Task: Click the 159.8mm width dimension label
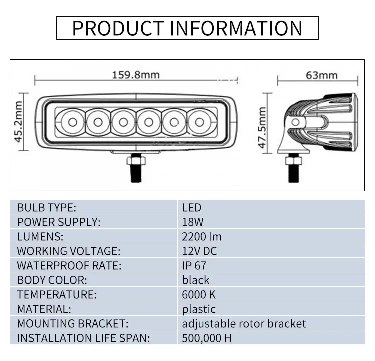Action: point(135,75)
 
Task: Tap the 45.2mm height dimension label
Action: point(19,122)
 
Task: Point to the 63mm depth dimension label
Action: point(321,75)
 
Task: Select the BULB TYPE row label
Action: point(46,207)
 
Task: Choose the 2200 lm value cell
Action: point(202,236)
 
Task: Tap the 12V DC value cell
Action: point(199,251)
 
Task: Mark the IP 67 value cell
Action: point(194,265)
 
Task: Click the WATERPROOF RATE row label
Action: point(69,265)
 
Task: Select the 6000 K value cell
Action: point(199,294)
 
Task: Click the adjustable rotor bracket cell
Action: point(244,323)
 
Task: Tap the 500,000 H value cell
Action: point(207,338)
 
